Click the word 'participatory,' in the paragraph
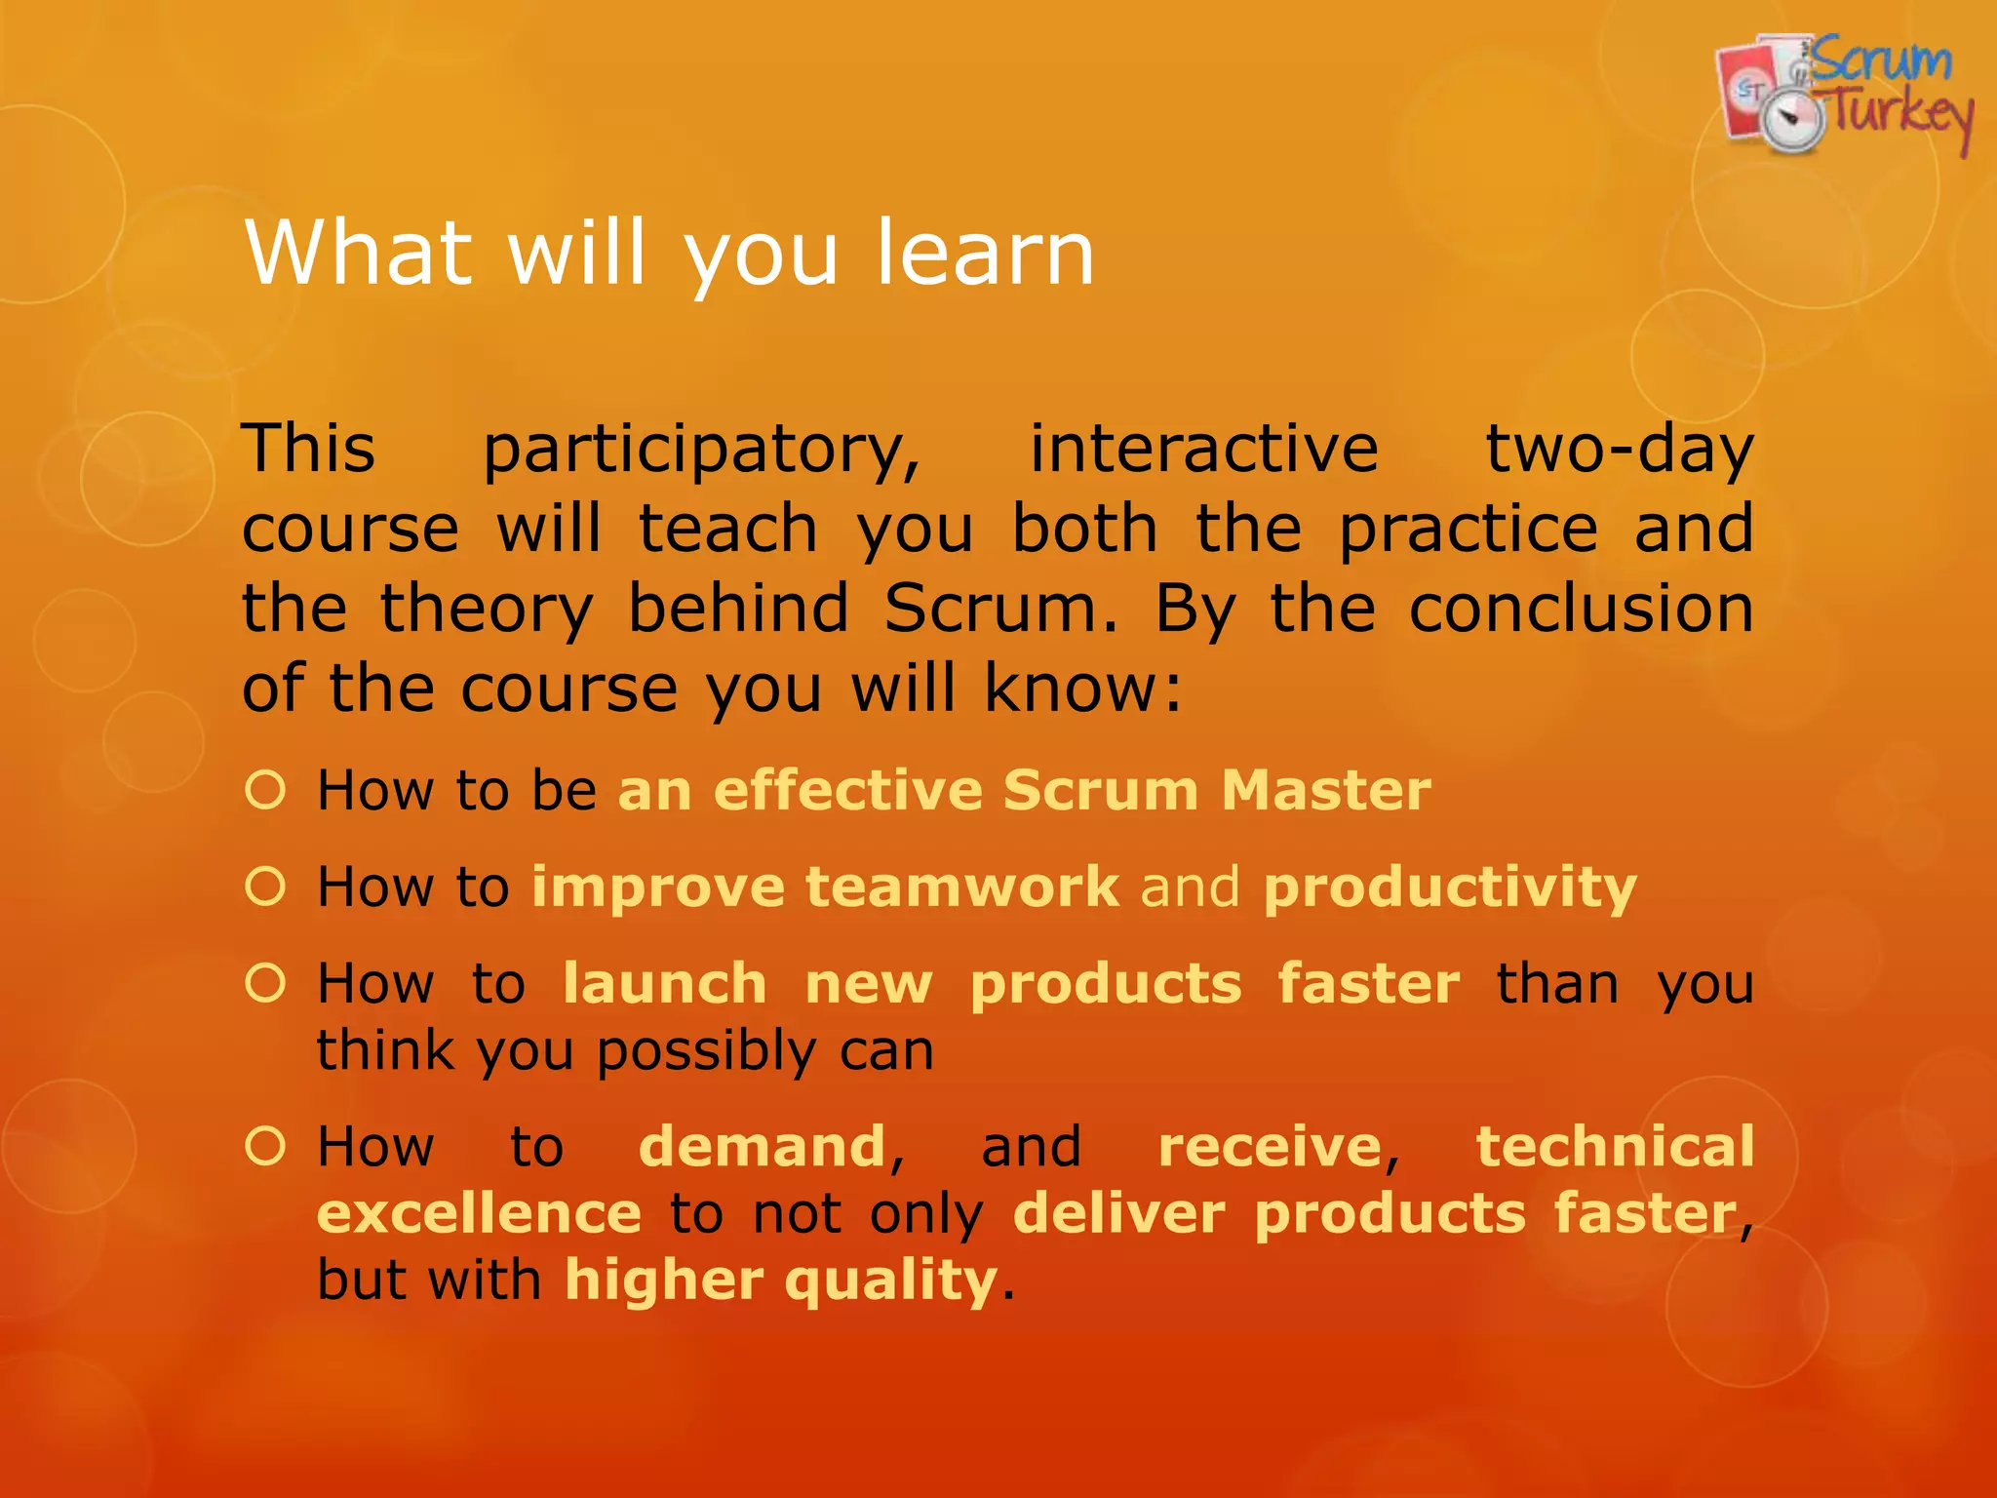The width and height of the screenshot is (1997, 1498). [702, 451]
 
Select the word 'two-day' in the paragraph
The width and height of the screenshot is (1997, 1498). [1619, 451]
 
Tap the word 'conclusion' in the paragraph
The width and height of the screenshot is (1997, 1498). [1581, 609]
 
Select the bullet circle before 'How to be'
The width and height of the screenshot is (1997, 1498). [265, 789]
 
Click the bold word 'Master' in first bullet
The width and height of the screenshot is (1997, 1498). [1326, 790]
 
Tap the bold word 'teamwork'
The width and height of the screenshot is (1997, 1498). [962, 887]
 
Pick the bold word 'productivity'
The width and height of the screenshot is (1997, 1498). [1450, 888]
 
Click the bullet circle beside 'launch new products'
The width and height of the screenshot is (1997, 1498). [265, 983]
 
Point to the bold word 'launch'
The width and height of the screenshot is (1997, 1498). [665, 983]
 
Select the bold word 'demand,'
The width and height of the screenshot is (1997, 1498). [770, 1147]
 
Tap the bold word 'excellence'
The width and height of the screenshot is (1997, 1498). [479, 1213]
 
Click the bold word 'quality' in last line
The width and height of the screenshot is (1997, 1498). [890, 1281]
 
